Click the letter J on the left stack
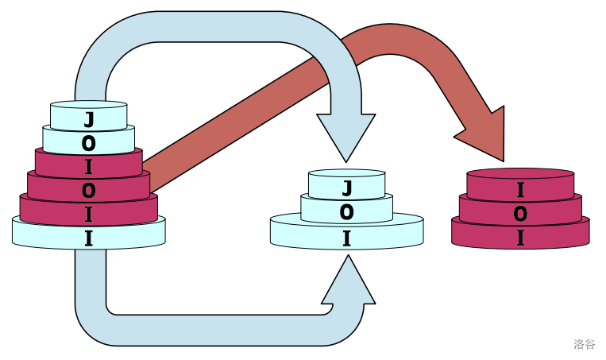(89, 120)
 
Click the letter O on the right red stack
(520, 214)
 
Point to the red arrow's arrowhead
(482, 135)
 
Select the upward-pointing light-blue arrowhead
(347, 283)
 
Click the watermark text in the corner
(585, 344)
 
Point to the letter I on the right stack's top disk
(520, 189)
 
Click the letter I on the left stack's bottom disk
(89, 237)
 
